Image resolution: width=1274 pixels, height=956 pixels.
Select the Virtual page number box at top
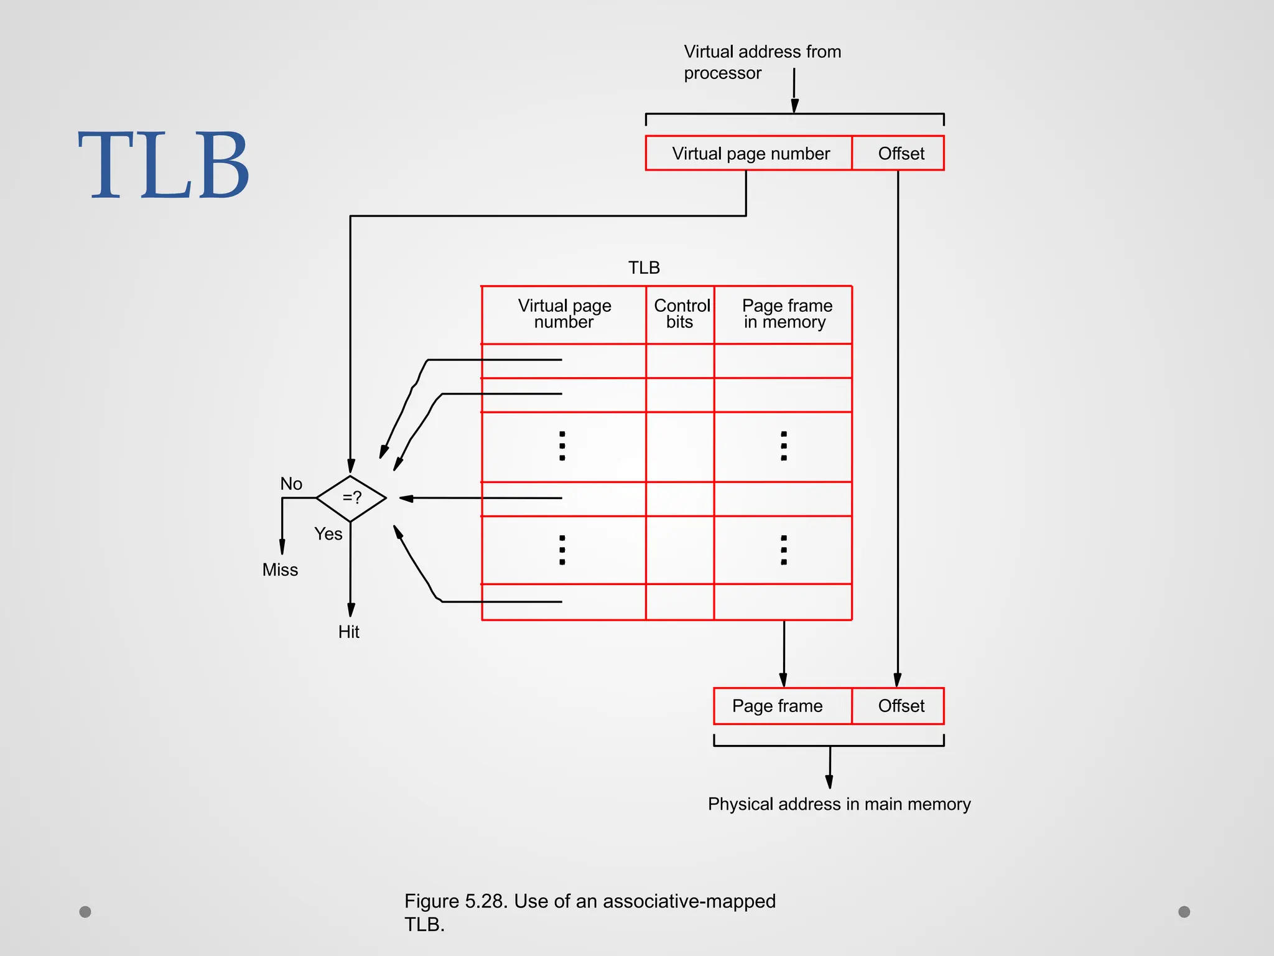749,153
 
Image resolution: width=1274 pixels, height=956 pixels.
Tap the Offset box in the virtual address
900,153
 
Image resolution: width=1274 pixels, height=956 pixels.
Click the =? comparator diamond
351,498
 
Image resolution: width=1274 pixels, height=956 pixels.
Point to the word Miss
280,569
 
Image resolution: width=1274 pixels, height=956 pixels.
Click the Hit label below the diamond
349,632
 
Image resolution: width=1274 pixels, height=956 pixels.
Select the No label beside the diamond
291,484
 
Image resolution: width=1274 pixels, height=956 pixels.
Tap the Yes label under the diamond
328,534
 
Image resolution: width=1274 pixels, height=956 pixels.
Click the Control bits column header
681,314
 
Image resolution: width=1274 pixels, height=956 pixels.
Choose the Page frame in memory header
786,314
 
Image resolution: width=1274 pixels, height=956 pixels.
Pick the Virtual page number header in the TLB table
564,314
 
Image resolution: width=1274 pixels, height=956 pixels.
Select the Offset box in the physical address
900,706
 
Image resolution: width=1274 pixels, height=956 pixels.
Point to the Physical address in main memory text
839,804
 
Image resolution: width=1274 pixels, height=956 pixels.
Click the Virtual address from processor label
761,62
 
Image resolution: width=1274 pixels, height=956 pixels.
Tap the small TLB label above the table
644,268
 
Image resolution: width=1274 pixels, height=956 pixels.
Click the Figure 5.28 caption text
589,912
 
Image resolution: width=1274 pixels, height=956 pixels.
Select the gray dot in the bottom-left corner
85,912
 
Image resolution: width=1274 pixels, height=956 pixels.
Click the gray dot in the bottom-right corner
1184,912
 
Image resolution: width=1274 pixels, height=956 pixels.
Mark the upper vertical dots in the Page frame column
784,446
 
